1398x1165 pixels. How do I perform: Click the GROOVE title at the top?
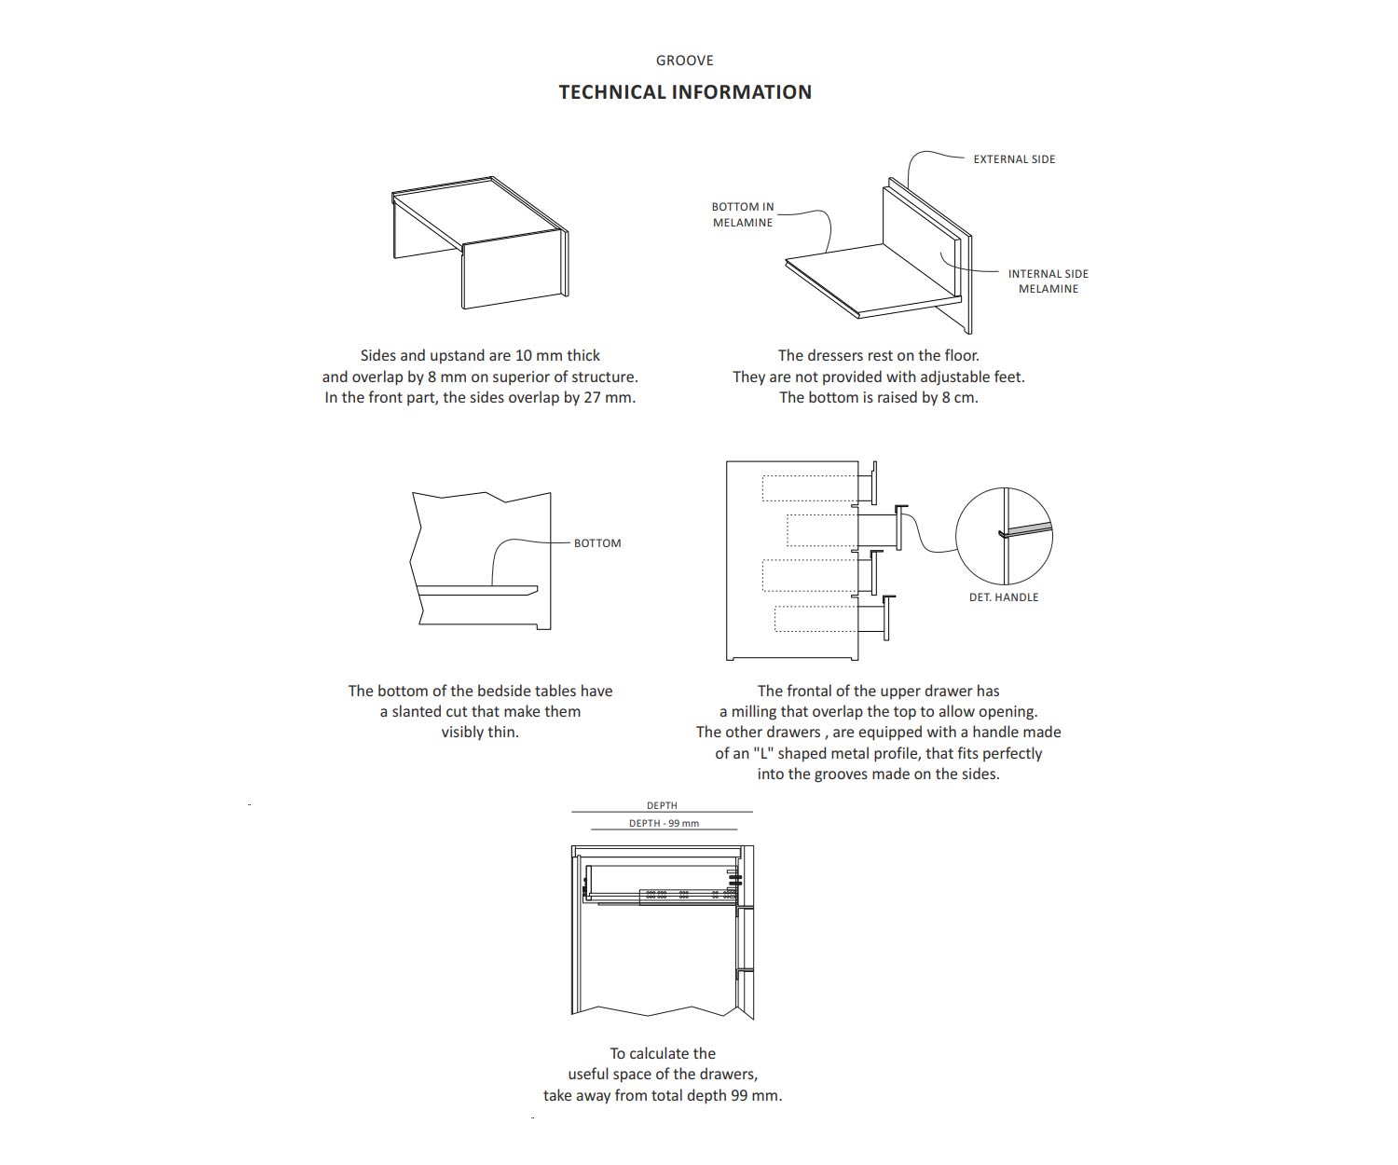684,61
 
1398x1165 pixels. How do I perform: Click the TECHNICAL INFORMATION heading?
685,92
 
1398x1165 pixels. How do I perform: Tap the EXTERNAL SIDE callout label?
1014,159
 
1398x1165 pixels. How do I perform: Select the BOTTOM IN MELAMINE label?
743,214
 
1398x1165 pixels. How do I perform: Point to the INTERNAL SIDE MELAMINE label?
1048,281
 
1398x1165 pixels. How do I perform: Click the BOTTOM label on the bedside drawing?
597,543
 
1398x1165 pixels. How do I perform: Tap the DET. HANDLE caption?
1003,597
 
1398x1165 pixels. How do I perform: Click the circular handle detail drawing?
1004,535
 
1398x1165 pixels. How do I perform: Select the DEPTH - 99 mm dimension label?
664,824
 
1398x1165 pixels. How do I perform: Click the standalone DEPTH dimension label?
662,805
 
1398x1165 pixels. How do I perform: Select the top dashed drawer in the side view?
808,489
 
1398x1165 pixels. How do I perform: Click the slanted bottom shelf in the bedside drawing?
477,590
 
